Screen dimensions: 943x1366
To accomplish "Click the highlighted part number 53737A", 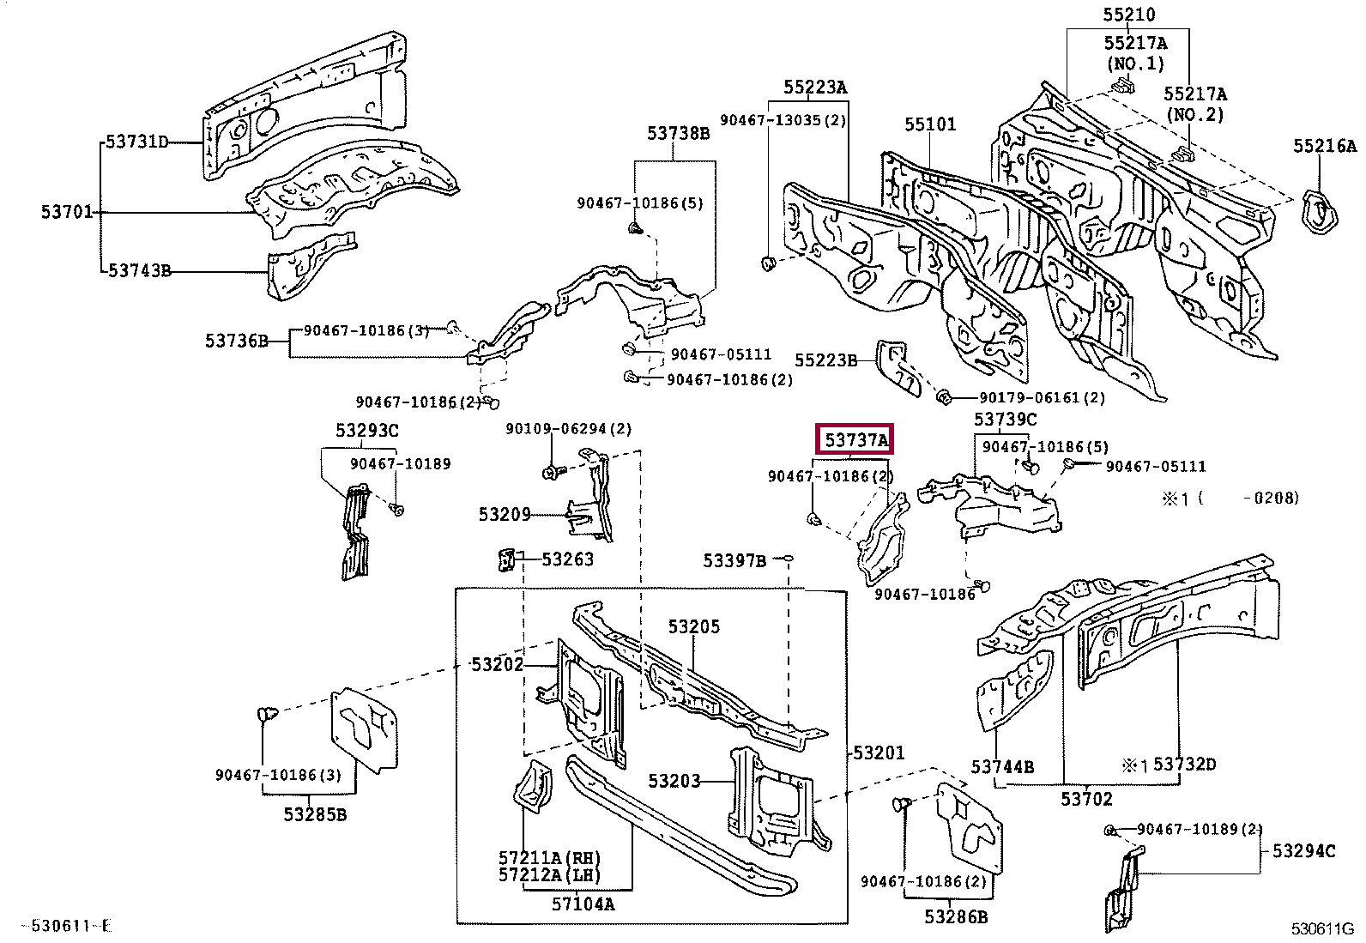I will (855, 440).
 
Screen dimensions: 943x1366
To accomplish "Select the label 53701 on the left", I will (66, 211).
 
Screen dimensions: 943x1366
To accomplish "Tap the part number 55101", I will (929, 124).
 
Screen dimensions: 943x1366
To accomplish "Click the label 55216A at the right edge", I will (1325, 146).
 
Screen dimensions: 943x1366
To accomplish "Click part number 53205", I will (693, 626).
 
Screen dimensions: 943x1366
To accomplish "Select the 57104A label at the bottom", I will (583, 904).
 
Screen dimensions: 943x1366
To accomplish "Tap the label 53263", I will (567, 559).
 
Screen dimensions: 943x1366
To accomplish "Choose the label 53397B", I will (734, 560).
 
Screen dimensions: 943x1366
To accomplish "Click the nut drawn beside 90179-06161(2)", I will (942, 396).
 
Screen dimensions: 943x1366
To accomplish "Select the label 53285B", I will (315, 813).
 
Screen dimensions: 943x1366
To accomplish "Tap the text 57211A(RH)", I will (549, 858).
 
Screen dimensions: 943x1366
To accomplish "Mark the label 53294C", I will (1303, 850).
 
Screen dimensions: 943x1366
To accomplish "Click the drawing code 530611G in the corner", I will (1322, 928).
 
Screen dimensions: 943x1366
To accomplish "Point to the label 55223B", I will (825, 360).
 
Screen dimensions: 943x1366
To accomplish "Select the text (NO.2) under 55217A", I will (1194, 114).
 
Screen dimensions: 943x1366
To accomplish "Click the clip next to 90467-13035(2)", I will (769, 263).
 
